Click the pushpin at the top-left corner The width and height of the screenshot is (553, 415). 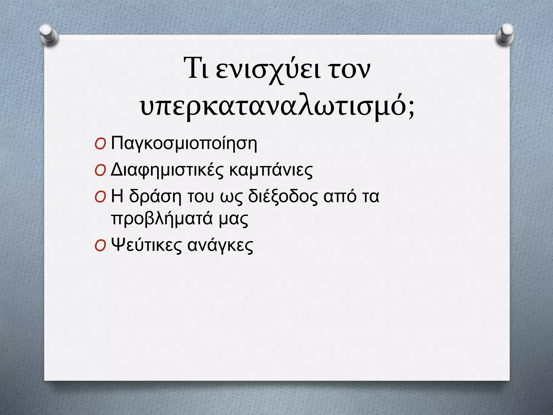49,35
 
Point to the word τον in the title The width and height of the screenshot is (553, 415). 349,71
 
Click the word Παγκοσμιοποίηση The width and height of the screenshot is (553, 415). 184,144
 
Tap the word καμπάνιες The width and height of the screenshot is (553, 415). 271,170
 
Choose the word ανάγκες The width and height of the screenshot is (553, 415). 220,246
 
